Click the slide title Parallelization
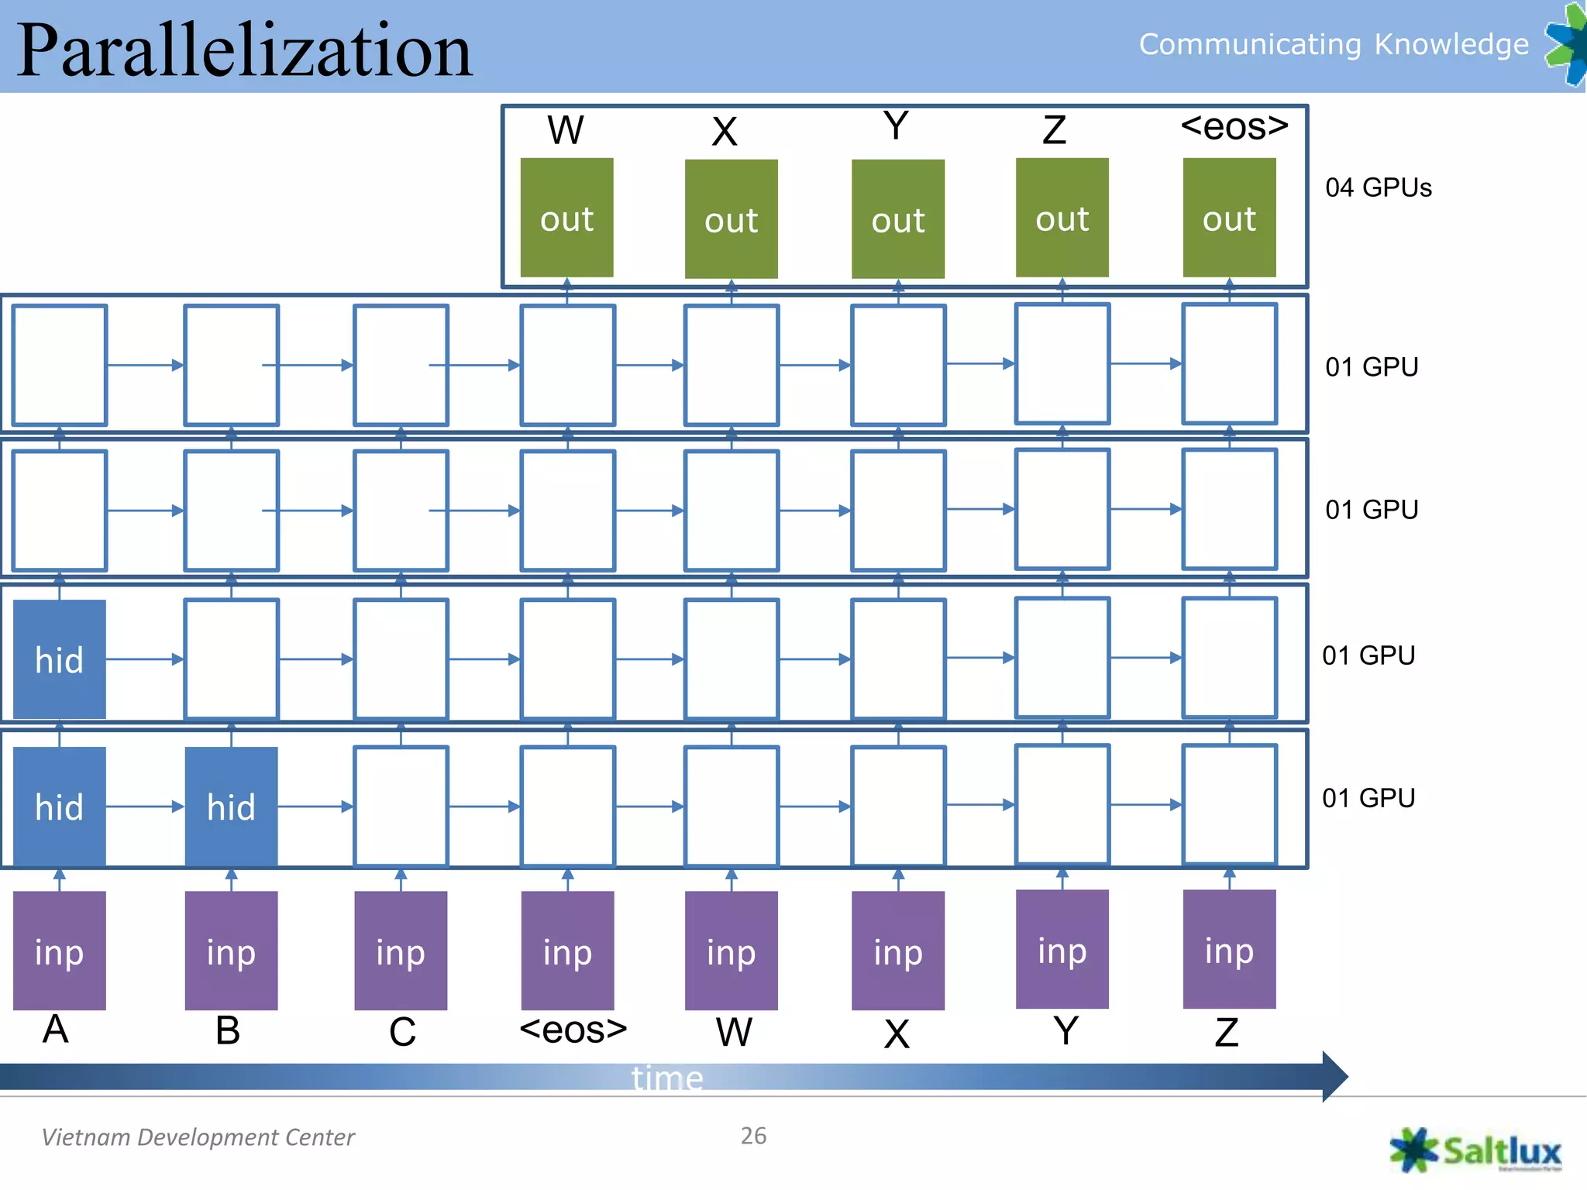tap(244, 50)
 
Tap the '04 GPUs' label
tap(1378, 187)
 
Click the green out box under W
tap(566, 218)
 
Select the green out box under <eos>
tap(1229, 218)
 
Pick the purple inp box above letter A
tap(60, 951)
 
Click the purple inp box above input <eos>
tap(567, 951)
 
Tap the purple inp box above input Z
tap(1229, 949)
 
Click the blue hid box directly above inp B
tap(231, 807)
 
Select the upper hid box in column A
tap(60, 659)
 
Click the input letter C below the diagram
tap(402, 1031)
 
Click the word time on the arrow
tap(667, 1078)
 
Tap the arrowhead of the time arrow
tap(1334, 1076)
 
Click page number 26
tap(753, 1136)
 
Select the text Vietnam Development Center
tap(198, 1137)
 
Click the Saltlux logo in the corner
tap(1475, 1150)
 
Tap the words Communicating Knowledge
tap(1333, 44)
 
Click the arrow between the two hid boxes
tap(145, 807)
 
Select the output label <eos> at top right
tap(1234, 126)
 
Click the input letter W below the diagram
tap(733, 1031)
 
